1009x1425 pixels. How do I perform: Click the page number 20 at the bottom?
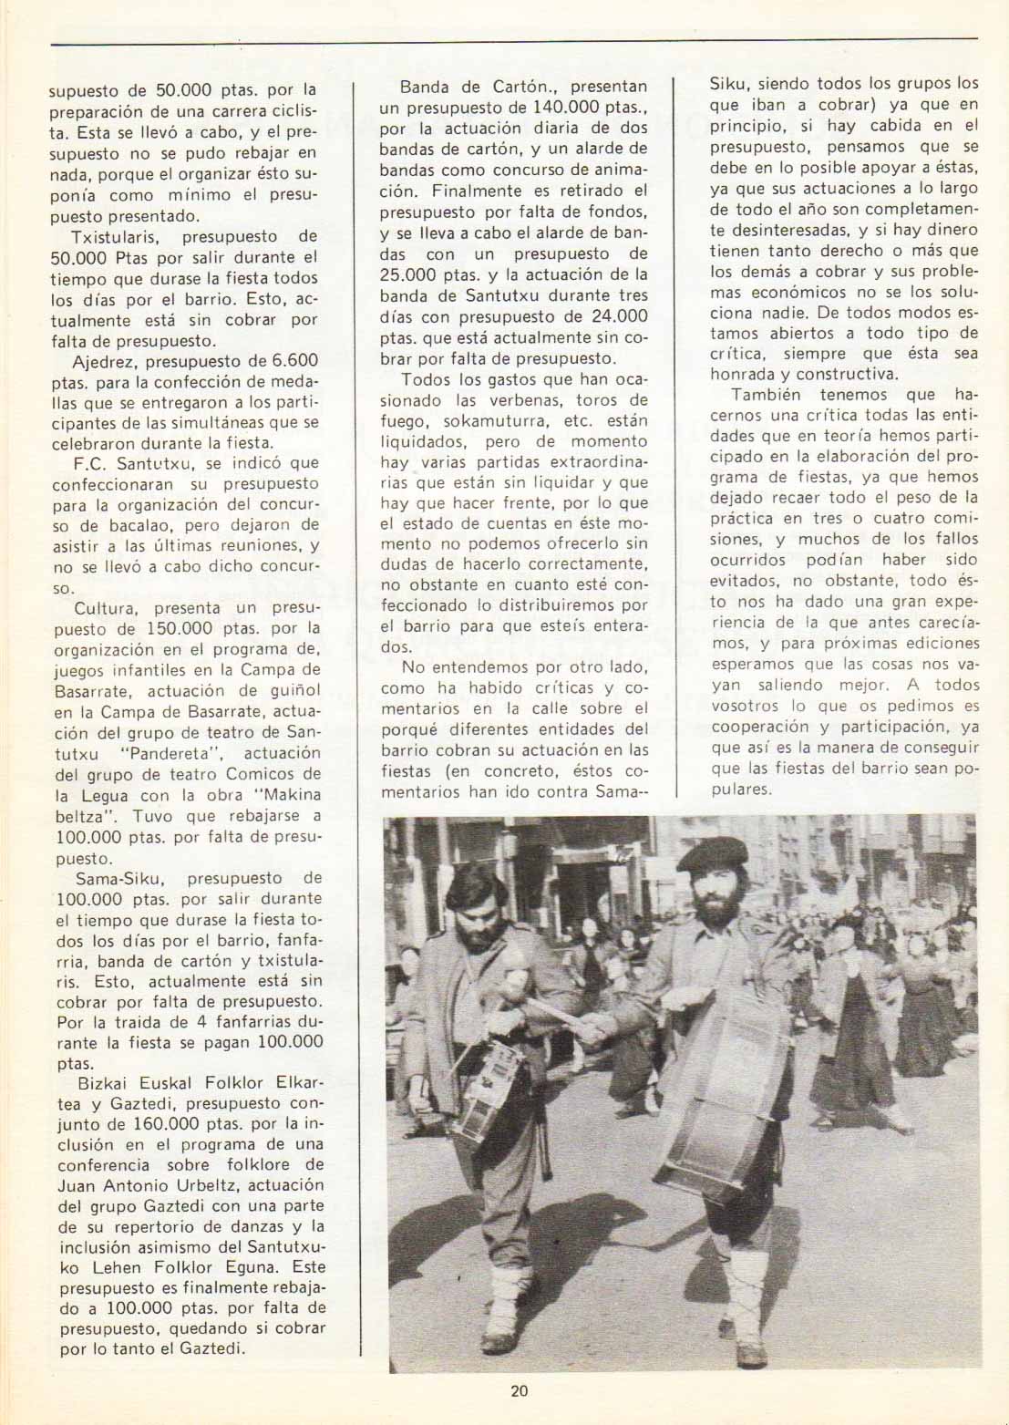519,1390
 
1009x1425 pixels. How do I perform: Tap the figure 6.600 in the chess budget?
294,360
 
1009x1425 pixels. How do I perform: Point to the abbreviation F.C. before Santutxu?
91,463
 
